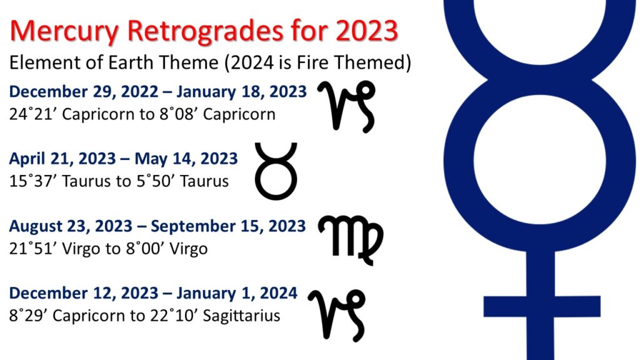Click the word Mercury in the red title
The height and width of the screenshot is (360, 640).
[64, 32]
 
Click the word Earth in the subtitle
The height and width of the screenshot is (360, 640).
[131, 62]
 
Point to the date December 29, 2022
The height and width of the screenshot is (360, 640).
[83, 92]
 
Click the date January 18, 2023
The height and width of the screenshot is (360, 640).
[242, 92]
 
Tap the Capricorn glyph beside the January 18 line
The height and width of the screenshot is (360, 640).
[346, 106]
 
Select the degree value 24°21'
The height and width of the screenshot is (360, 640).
[34, 114]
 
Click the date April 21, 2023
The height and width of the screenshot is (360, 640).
[62, 159]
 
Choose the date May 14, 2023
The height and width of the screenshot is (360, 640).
[186, 159]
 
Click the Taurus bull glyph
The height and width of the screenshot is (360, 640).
[276, 171]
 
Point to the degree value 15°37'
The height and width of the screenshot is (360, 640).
[34, 181]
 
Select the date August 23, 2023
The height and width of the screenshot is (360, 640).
[71, 226]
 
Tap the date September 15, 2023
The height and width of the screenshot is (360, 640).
[228, 226]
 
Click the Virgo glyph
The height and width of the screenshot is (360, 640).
[351, 240]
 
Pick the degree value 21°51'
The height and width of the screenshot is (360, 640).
[34, 249]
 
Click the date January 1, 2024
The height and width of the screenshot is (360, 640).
[237, 293]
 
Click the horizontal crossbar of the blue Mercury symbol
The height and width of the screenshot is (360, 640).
[542, 306]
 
